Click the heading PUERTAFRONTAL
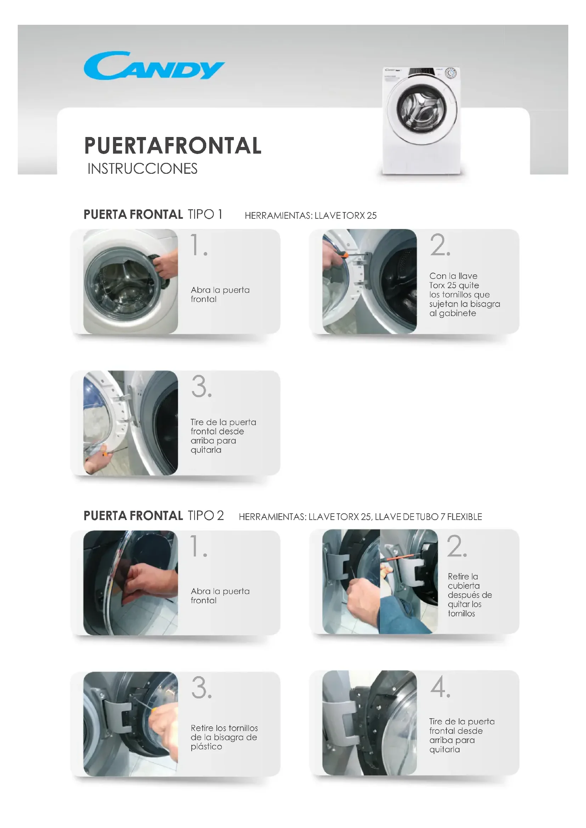pos(173,146)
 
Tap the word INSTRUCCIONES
pos(142,169)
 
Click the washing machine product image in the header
pos(421,120)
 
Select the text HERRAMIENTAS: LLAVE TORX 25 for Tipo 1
pos(311,216)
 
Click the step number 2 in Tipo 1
pos(440,245)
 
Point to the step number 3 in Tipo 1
pos(201,386)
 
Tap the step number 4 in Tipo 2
pos(440,687)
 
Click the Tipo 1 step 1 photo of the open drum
pos(131,282)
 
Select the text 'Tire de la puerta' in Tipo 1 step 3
pos(223,422)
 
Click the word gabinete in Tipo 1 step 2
pos(457,313)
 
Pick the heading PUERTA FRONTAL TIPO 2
pos(154,516)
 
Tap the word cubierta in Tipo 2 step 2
pos(464,586)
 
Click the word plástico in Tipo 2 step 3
pos(207,747)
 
